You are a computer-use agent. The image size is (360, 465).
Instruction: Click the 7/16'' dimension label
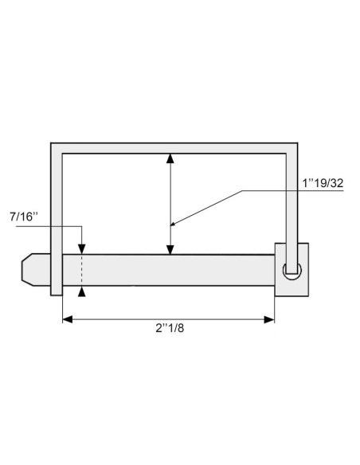(23, 216)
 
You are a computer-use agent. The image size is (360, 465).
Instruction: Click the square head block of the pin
(292, 269)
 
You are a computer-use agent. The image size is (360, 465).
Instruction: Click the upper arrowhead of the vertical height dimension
(170, 158)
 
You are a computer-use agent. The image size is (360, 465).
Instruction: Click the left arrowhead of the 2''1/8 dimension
(68, 319)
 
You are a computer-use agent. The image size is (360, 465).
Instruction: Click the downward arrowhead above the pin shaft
(81, 249)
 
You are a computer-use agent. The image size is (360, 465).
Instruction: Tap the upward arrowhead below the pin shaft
(81, 291)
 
